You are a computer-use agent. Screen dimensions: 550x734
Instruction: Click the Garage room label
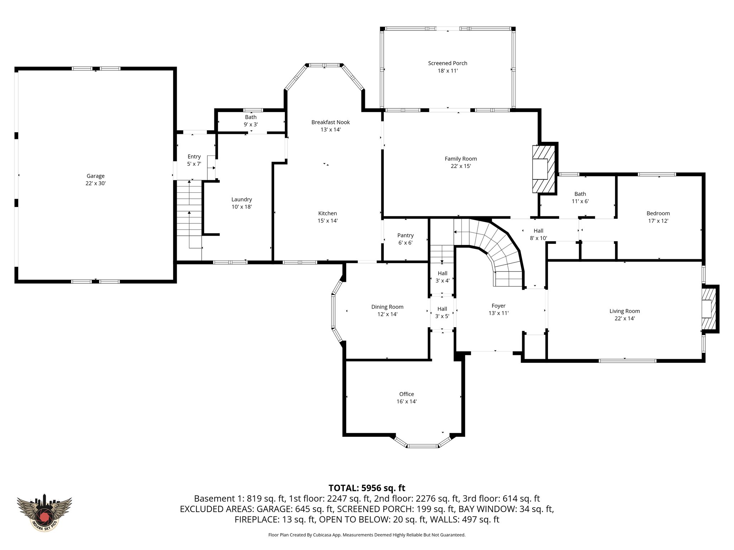coord(95,176)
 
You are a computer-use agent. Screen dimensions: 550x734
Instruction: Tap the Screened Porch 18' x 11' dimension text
coord(448,71)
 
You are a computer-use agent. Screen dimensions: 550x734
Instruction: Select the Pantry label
coord(405,235)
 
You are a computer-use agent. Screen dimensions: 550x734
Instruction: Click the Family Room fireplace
coord(543,169)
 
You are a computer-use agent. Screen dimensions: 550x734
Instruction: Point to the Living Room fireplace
coord(709,309)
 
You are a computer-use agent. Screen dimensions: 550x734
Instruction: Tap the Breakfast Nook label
coord(330,122)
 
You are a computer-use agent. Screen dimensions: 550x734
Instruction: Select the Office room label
coord(406,394)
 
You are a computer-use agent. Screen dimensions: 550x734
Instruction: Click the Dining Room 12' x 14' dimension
coord(387,314)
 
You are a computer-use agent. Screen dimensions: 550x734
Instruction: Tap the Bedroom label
coord(658,213)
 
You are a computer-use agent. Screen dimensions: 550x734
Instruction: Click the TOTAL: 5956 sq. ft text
coord(367,488)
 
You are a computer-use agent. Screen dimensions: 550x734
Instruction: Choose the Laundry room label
coord(242,199)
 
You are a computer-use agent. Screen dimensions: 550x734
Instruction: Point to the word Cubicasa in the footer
coord(323,535)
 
